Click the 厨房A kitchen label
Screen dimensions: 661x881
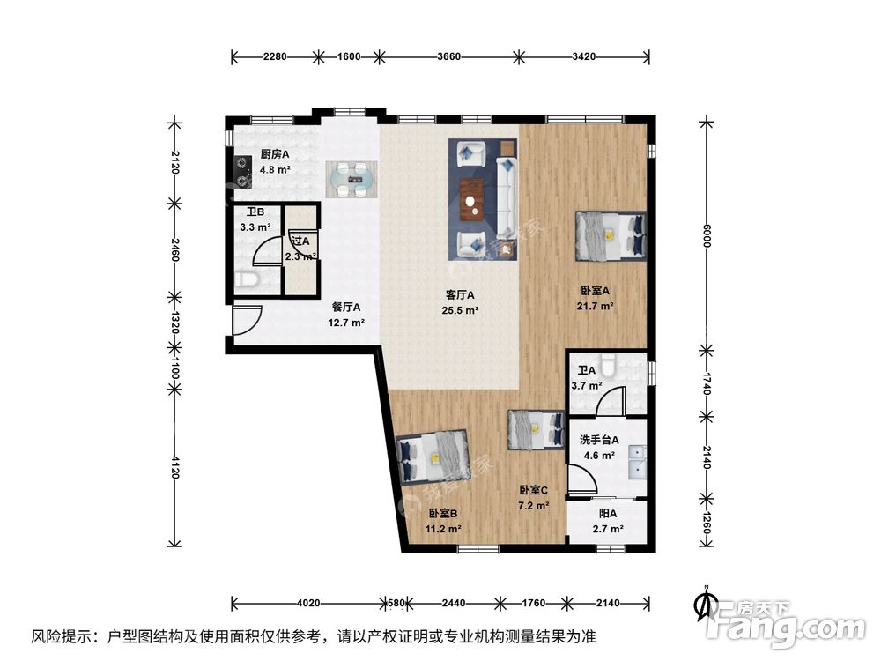(275, 154)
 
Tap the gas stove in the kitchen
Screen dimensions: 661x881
(244, 172)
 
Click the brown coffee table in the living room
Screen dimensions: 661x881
(474, 197)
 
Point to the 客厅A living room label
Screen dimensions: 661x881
(460, 295)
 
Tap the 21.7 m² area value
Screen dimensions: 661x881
(596, 306)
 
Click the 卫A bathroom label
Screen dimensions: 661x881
(587, 371)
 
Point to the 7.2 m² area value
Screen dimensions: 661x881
(534, 506)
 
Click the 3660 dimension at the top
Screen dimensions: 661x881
(449, 57)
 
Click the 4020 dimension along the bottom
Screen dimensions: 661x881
(308, 604)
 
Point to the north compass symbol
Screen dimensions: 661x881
(704, 603)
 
